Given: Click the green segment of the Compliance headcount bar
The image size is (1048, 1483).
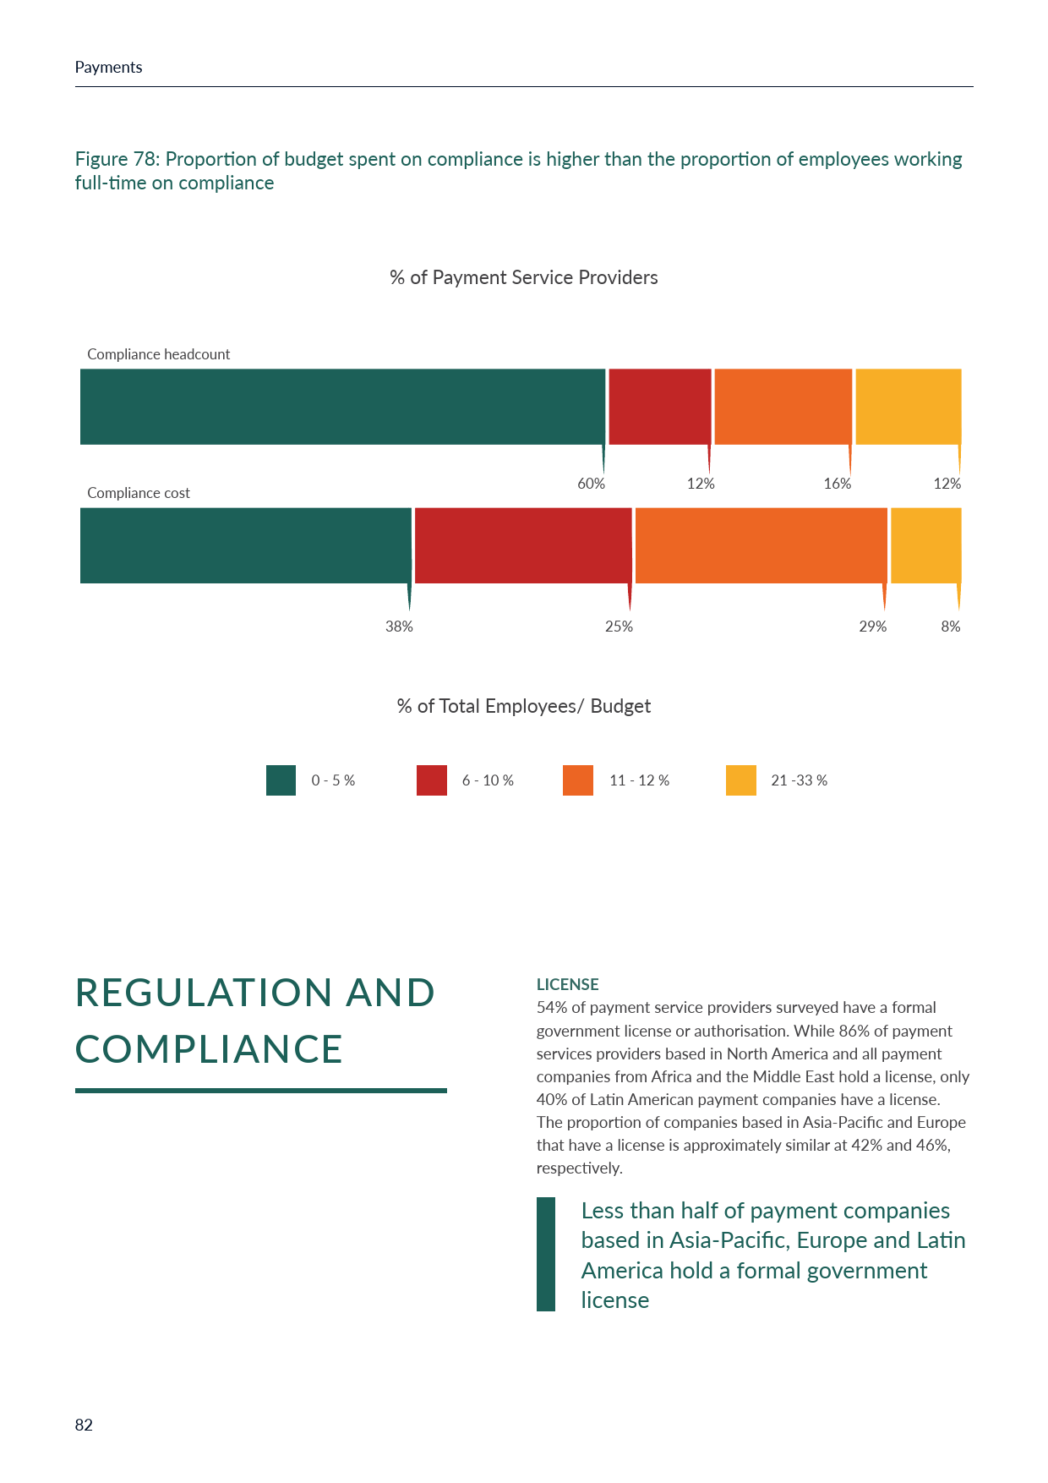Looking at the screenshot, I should (x=342, y=407).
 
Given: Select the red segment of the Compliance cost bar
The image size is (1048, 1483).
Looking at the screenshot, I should (x=522, y=545).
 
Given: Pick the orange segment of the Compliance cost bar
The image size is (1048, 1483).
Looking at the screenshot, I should (x=761, y=545).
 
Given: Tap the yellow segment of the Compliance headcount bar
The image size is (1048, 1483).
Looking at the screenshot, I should (x=908, y=407).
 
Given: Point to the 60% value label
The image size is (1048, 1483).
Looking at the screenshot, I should (x=591, y=484).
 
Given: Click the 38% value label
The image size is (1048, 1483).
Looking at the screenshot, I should (x=399, y=627).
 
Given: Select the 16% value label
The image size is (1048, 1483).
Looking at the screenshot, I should (x=837, y=484).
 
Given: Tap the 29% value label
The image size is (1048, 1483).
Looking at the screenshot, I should (x=872, y=627).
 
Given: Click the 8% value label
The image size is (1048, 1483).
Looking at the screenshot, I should (x=950, y=627).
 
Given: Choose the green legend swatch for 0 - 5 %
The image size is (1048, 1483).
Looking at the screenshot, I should (x=281, y=780).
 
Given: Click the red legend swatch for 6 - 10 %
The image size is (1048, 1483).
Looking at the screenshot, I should (x=431, y=780).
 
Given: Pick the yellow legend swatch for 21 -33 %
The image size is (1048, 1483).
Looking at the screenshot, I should (x=740, y=780).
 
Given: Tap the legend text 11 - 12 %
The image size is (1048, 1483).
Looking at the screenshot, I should (x=639, y=780).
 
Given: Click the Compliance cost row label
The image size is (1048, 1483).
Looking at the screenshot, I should (x=139, y=493).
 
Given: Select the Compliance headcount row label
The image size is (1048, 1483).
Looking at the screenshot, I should (x=158, y=354).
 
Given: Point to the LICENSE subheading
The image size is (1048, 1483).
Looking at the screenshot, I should (x=567, y=984).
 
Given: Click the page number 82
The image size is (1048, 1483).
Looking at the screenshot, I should (x=84, y=1425).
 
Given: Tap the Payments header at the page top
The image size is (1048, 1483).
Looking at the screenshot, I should (x=108, y=68).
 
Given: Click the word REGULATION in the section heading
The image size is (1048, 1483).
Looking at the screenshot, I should (x=203, y=993).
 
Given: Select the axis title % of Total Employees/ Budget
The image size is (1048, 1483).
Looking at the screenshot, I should (x=523, y=706).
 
